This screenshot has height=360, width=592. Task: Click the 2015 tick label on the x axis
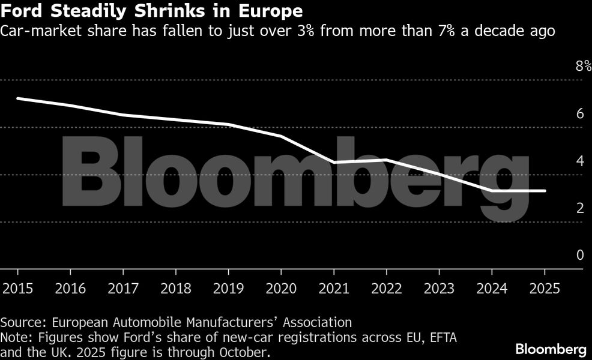click(17, 289)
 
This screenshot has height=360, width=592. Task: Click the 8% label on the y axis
click(583, 67)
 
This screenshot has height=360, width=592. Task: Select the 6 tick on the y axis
click(580, 114)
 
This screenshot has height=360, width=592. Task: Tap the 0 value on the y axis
click(580, 256)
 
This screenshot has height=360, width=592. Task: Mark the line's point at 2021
click(333, 162)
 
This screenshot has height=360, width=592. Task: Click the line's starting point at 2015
click(17, 98)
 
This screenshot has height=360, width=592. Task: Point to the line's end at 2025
click(545, 191)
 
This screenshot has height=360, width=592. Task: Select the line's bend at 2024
click(492, 191)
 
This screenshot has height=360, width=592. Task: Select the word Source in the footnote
click(20, 322)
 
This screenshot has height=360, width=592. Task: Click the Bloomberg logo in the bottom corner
click(551, 349)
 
